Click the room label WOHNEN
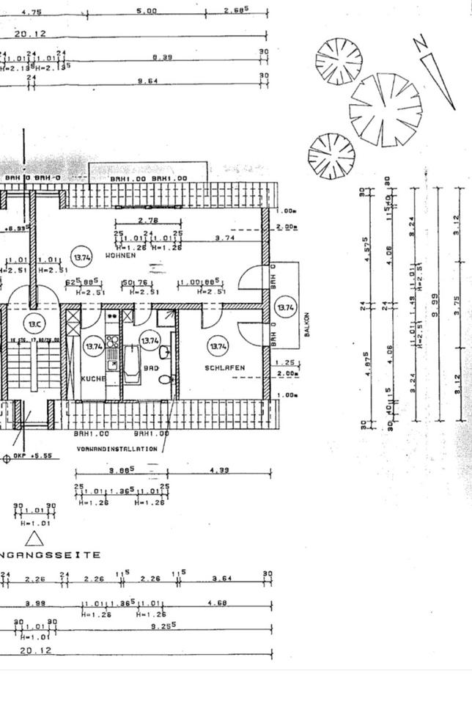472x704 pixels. click(119, 256)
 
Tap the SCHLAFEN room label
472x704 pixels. click(224, 368)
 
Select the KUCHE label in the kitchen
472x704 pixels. click(93, 378)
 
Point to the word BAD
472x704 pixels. click(151, 368)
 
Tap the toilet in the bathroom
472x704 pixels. click(167, 378)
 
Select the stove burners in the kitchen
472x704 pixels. click(112, 341)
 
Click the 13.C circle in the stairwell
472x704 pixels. click(34, 324)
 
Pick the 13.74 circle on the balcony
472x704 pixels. click(284, 308)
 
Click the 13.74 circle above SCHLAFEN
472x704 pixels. click(219, 345)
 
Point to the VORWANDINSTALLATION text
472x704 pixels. click(117, 448)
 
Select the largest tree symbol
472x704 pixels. click(386, 110)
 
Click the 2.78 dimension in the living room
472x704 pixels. click(148, 220)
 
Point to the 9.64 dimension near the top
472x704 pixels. click(147, 81)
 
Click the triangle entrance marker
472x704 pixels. click(34, 540)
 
